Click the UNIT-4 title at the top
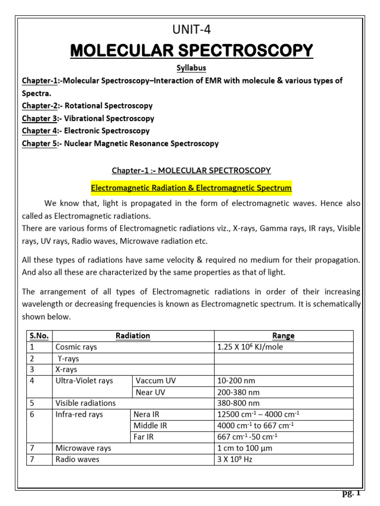click(x=191, y=30)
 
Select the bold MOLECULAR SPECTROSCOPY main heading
click(x=191, y=50)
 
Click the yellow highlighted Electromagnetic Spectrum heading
click(x=191, y=188)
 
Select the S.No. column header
click(x=39, y=336)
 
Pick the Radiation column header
click(x=133, y=336)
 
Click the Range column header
click(x=283, y=336)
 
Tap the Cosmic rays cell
click(x=76, y=347)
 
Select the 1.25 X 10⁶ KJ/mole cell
click(x=250, y=347)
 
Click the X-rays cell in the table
click(x=66, y=370)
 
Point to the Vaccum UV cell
click(x=155, y=381)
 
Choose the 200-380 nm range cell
click(x=238, y=392)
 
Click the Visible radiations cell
click(x=85, y=403)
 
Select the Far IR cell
click(x=143, y=437)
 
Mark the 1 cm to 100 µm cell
click(x=245, y=448)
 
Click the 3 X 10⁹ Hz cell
click(x=236, y=460)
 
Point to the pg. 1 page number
click(x=352, y=493)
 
